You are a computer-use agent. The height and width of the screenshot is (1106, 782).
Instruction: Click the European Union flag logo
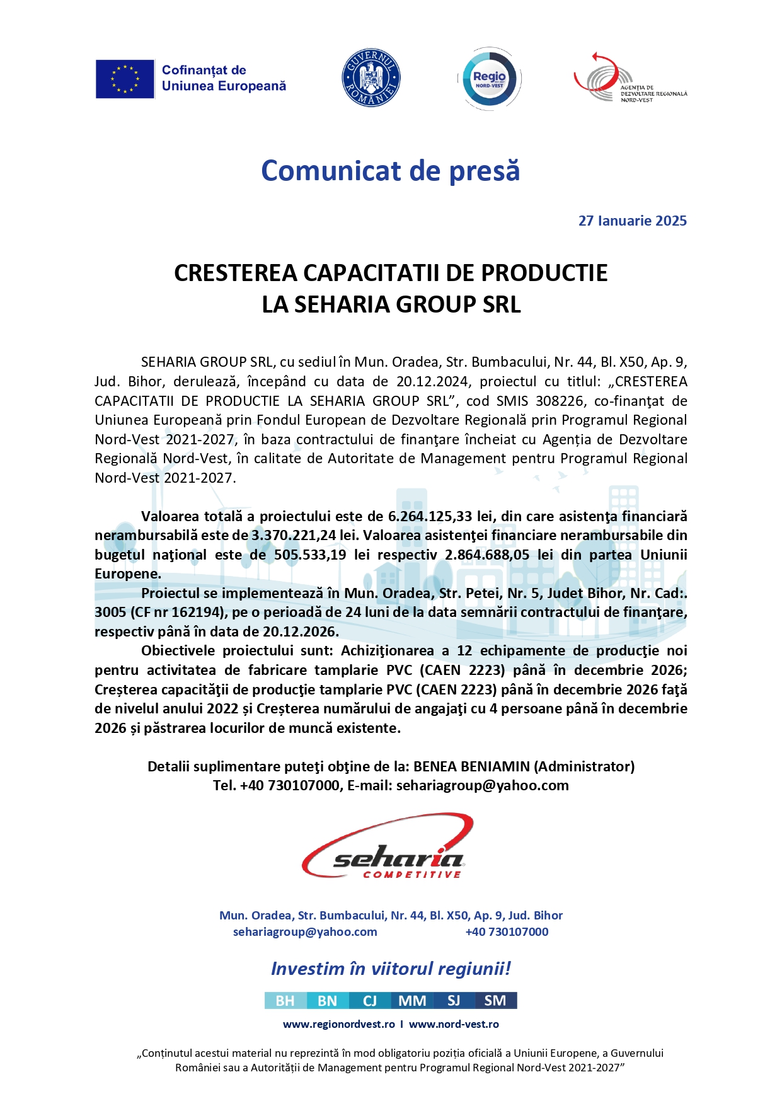125,79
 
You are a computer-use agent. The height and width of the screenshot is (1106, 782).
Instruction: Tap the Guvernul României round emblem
371,78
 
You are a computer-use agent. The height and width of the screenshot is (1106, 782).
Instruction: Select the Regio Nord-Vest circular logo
489,79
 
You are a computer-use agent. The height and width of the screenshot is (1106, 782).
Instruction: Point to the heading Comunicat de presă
390,171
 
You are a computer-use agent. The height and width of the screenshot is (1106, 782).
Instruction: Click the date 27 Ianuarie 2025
632,221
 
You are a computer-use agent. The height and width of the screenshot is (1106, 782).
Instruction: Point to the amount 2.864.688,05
487,555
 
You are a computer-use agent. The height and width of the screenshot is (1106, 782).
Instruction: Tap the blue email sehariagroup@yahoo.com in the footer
305,932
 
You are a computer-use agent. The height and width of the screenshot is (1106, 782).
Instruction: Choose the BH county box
285,1001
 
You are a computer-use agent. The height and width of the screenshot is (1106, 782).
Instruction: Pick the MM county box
412,1001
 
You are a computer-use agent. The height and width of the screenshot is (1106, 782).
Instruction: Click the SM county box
495,1001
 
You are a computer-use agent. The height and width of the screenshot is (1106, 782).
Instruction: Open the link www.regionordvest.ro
339,1025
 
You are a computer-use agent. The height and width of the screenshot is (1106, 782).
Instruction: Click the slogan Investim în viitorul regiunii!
391,969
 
